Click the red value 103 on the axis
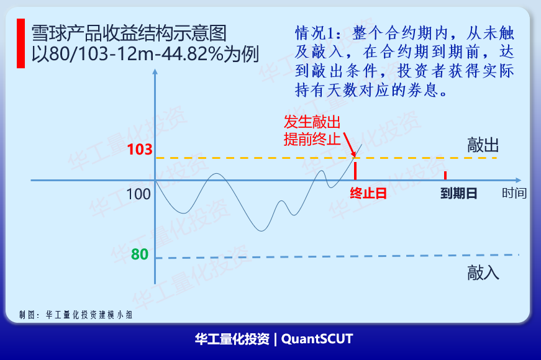tap(140, 150)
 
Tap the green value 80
tap(140, 254)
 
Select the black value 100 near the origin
tap(139, 194)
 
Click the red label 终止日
tap(368, 193)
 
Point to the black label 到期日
tap(459, 193)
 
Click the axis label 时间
tap(514, 193)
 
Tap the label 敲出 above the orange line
tap(483, 145)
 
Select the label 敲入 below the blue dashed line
tap(483, 272)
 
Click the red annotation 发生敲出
tap(312, 122)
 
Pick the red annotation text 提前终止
tap(312, 139)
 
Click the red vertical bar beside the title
tap(20, 43)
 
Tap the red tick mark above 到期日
tap(445, 175)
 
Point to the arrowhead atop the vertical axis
tap(155, 71)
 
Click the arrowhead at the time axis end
tap(518, 180)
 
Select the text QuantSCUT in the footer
tap(317, 339)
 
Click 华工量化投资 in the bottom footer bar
tap(232, 339)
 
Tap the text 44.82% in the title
tap(193, 54)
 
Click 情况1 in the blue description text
tap(315, 34)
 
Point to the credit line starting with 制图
tap(76, 315)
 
